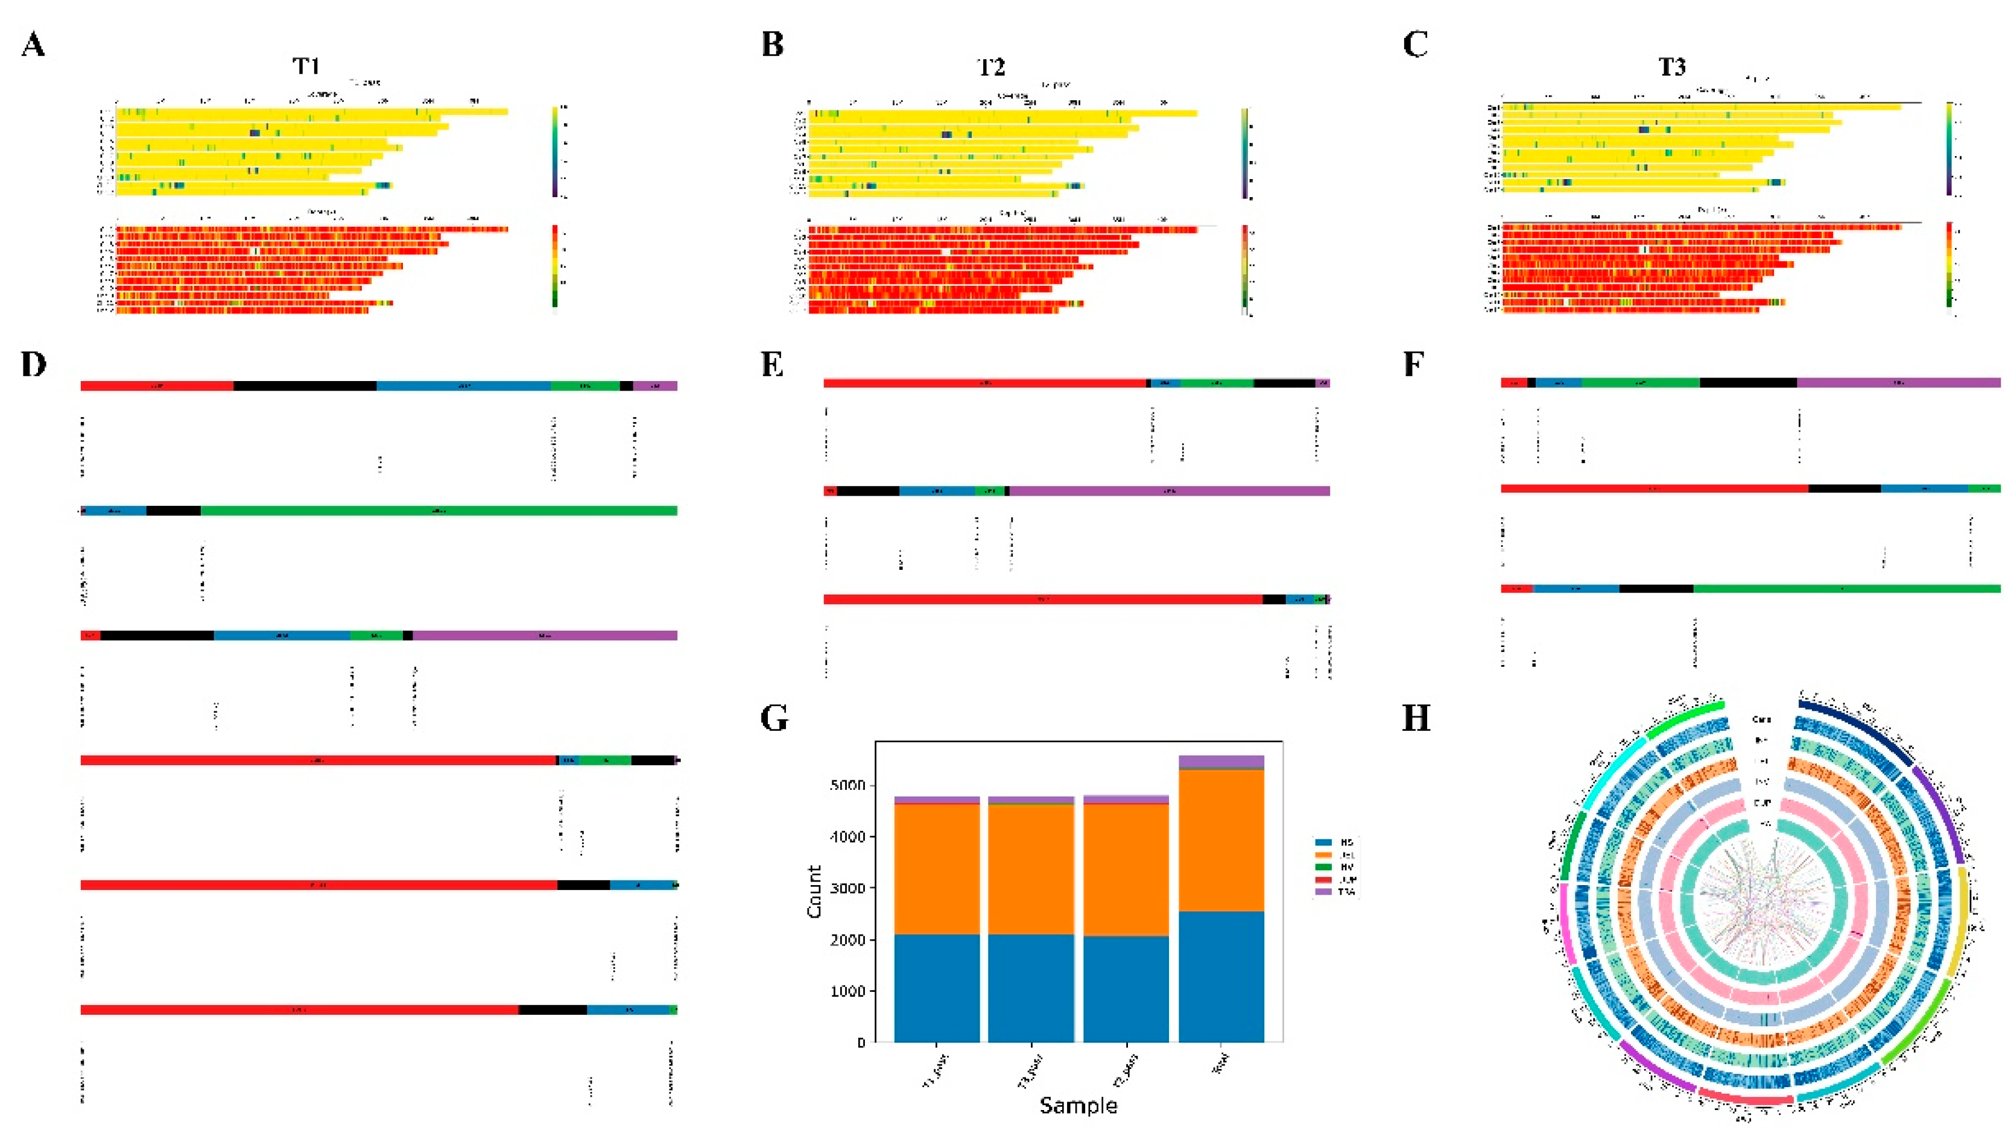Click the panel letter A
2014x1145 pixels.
click(x=33, y=45)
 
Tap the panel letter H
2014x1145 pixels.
click(x=1416, y=718)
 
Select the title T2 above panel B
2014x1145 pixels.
click(x=991, y=68)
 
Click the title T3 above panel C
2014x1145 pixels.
click(x=1672, y=68)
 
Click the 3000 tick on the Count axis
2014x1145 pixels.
click(x=847, y=889)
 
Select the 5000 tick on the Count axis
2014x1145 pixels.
click(x=847, y=786)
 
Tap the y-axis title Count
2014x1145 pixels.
click(x=814, y=891)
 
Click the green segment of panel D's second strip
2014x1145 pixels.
click(x=438, y=510)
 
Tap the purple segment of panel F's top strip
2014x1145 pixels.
click(x=1898, y=383)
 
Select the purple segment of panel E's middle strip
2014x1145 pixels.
click(x=1169, y=491)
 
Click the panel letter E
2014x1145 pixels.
click(x=773, y=364)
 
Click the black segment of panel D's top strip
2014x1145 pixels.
click(x=305, y=385)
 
